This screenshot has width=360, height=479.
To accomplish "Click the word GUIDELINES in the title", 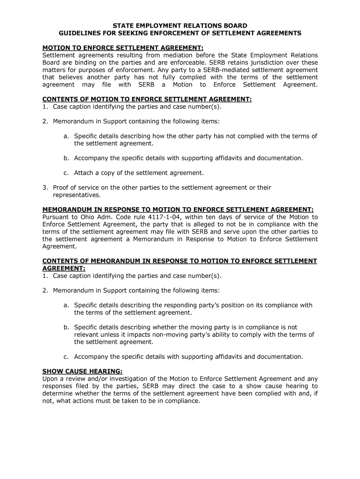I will [x=77, y=33].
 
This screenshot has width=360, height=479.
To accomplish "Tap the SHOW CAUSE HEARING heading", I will [x=82, y=371].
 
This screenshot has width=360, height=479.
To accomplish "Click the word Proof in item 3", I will [x=61, y=188].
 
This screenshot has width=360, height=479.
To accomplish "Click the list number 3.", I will [x=45, y=188].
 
